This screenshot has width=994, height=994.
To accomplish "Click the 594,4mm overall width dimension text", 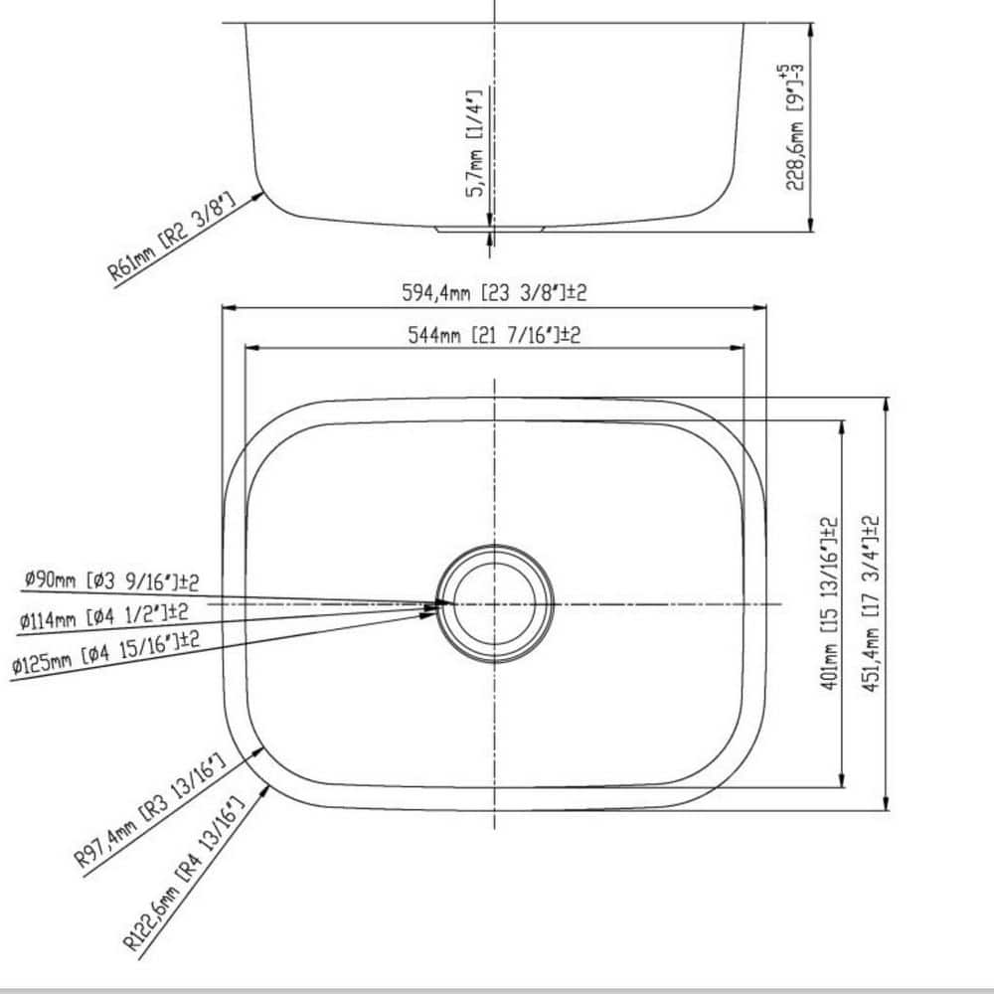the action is [x=494, y=293].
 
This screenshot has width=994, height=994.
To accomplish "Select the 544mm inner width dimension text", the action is [x=494, y=335].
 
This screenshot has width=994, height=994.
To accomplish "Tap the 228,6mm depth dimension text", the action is [x=795, y=127].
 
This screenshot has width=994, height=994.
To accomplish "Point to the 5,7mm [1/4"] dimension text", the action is [x=474, y=143].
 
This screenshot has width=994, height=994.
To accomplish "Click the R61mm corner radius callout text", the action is [x=171, y=238].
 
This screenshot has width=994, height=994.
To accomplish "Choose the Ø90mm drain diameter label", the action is [x=111, y=580].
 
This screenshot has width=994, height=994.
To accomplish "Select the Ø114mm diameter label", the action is [x=103, y=615].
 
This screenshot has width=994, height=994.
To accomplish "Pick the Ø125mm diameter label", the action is [x=105, y=653].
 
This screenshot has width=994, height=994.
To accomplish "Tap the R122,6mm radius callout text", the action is [x=184, y=874].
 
